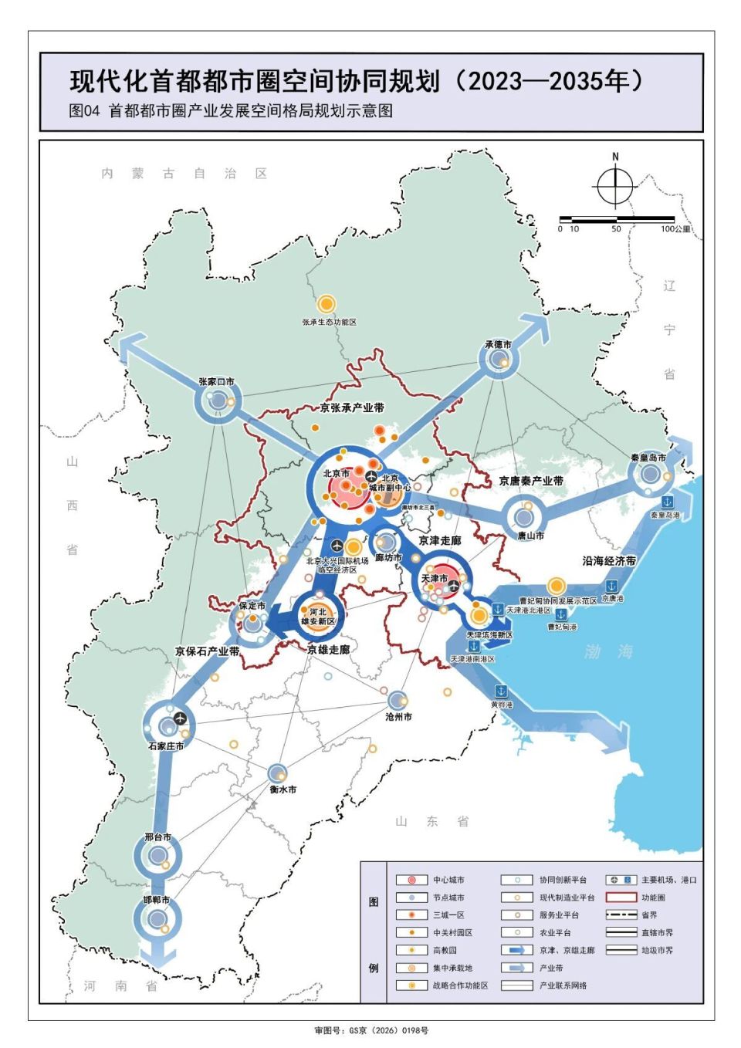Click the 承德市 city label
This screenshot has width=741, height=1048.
[498, 344]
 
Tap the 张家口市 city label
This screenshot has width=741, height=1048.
[216, 382]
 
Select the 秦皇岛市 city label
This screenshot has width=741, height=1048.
[648, 458]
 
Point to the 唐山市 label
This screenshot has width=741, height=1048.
[530, 536]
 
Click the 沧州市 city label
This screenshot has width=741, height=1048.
[398, 717]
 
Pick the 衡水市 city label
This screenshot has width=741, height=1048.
[283, 789]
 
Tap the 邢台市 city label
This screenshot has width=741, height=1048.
[157, 837]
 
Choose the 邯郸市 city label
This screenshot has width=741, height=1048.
[155, 901]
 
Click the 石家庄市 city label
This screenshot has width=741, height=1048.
[166, 746]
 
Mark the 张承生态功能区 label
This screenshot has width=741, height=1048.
[329, 322]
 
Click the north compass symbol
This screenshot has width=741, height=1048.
[615, 185]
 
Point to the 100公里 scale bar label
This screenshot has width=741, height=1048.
[675, 229]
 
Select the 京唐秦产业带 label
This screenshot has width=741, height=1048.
[531, 481]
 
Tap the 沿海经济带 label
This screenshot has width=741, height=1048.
[609, 561]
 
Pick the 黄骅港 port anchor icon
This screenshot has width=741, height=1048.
[500, 691]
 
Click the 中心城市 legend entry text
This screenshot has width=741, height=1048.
[448, 880]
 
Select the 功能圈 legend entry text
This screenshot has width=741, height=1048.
[653, 898]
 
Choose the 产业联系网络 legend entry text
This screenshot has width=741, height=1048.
[563, 985]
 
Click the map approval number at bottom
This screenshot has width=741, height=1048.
[370, 1030]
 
